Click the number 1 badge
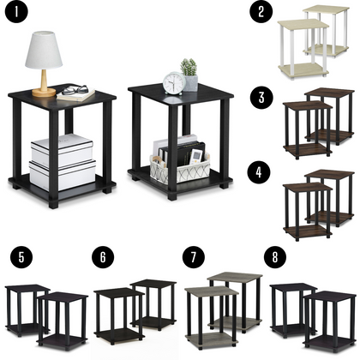[x=16, y=15]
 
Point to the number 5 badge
[x=16, y=256]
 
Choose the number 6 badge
[x=102, y=256]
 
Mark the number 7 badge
[x=190, y=256]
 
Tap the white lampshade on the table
[x=44, y=51]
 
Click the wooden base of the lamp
[x=44, y=91]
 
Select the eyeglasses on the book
[x=73, y=89]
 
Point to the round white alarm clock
[x=174, y=83]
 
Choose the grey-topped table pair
[x=224, y=304]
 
